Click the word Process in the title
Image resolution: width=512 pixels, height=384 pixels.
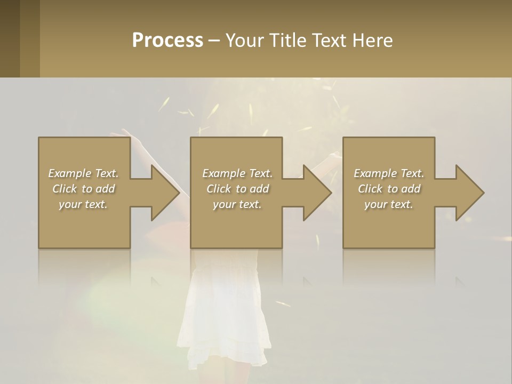click(167, 41)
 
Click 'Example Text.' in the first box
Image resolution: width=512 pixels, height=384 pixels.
click(83, 173)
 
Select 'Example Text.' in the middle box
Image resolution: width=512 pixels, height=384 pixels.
click(237, 173)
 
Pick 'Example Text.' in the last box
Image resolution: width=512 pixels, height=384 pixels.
click(389, 173)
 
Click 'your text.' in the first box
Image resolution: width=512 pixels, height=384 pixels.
click(83, 204)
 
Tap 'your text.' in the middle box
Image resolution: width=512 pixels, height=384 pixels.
click(237, 204)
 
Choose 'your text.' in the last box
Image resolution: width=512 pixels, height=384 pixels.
click(389, 204)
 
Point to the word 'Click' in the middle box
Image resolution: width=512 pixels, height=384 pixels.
click(219, 189)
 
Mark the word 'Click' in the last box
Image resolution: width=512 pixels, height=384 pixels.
click(370, 189)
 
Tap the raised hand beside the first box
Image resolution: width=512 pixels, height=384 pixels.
click(124, 135)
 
